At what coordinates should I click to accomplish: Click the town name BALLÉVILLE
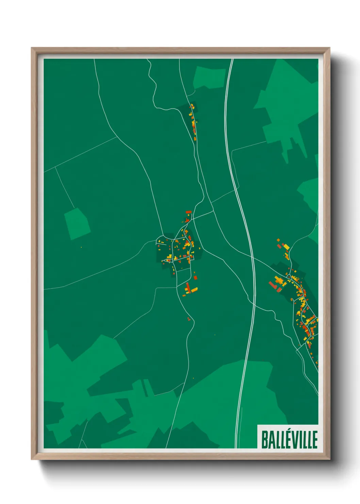pos(289,439)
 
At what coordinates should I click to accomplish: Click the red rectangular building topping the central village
pos(189,212)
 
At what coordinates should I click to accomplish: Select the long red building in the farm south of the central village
pos(187,287)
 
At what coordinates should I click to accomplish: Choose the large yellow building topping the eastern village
pos(286,247)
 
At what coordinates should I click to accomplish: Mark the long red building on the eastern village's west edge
pos(273,285)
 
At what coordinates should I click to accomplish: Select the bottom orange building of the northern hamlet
pos(195,138)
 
